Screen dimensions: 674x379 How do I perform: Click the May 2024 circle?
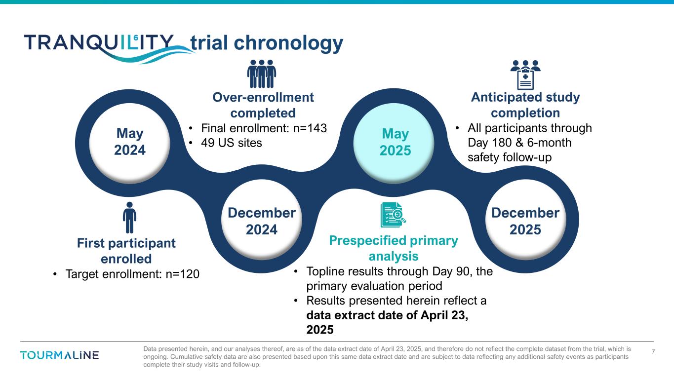[130, 143]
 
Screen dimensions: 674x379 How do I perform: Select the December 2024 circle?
[262, 220]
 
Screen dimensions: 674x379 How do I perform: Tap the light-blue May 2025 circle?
[394, 143]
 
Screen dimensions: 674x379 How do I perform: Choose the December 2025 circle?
[526, 220]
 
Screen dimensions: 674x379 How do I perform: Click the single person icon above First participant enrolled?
[129, 218]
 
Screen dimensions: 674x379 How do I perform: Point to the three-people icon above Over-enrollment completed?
[262, 74]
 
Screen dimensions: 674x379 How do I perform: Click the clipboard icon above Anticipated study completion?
[525, 75]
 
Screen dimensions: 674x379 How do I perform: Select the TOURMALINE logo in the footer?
[59, 355]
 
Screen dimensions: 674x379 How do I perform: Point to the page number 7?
[653, 352]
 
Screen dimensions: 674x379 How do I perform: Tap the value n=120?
[183, 274]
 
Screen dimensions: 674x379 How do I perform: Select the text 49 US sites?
[232, 143]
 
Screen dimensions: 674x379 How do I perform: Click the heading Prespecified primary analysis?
[394, 248]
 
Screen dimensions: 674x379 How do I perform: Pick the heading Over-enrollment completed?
[263, 105]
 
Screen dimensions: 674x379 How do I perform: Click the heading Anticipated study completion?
[525, 105]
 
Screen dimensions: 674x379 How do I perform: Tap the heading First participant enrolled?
[126, 251]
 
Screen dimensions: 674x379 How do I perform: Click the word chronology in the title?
[288, 43]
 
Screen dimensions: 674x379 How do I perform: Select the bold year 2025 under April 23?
[320, 330]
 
